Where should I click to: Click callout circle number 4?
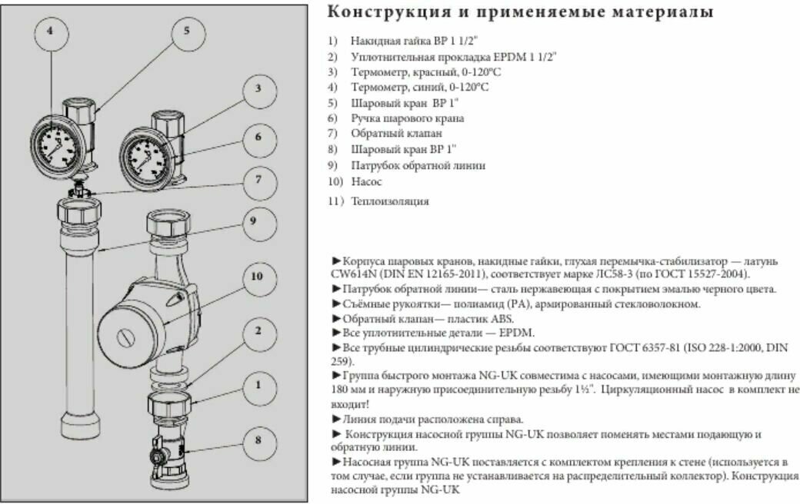(x=50, y=32)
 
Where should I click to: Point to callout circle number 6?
(x=259, y=137)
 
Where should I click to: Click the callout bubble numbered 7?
(x=259, y=181)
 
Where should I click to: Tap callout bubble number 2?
(x=259, y=331)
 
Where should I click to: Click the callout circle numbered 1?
(x=259, y=384)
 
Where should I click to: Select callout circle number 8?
(x=259, y=440)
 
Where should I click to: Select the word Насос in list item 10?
(x=366, y=182)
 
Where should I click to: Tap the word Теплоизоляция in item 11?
(x=390, y=202)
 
